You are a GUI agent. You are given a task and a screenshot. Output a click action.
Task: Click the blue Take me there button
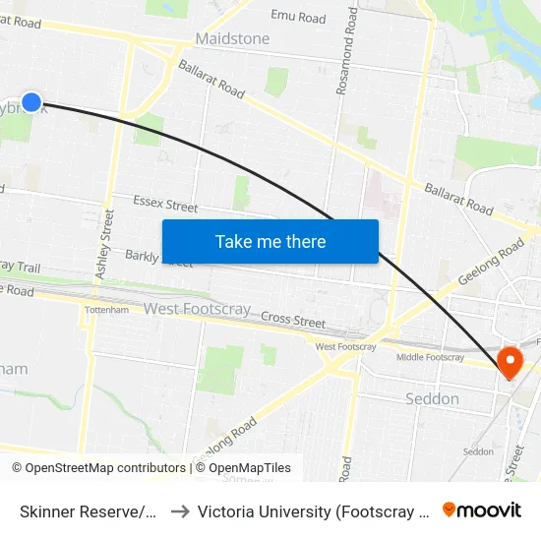pyautogui.click(x=270, y=241)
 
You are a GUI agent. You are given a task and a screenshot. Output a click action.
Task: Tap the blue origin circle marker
pyautogui.click(x=31, y=101)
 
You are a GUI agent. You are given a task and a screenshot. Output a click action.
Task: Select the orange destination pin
pyautogui.click(x=510, y=364)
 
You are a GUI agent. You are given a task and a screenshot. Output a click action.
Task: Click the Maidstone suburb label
pyautogui.click(x=232, y=38)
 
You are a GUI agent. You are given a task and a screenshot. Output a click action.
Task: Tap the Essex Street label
pyautogui.click(x=165, y=205)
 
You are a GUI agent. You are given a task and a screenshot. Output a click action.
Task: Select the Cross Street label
pyautogui.click(x=293, y=320)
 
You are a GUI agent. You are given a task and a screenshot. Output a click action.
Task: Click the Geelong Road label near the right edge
pyautogui.click(x=490, y=260)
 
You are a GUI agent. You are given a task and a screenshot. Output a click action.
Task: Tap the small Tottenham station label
pyautogui.click(x=107, y=310)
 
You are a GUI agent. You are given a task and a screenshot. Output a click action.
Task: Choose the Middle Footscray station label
pyautogui.click(x=430, y=357)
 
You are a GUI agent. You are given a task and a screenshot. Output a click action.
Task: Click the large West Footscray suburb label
pyautogui.click(x=197, y=309)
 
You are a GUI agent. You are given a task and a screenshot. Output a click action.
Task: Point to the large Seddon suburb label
pyautogui.click(x=432, y=398)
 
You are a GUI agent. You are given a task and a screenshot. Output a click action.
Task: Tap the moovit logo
pyautogui.click(x=482, y=511)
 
